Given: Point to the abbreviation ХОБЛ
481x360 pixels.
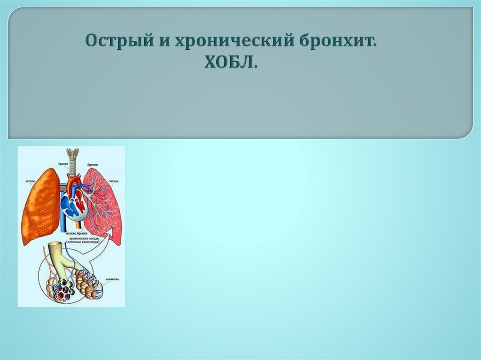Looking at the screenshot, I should [231, 62].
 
